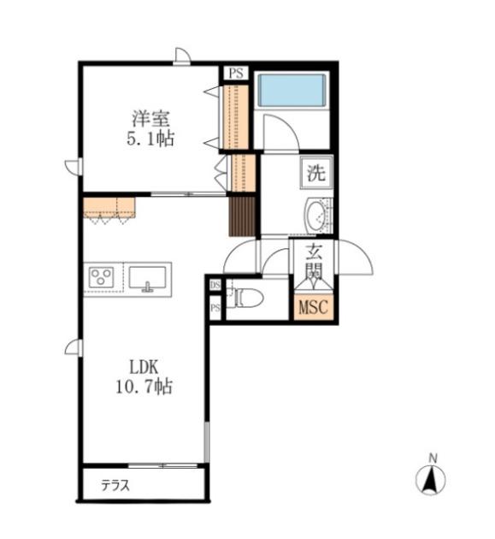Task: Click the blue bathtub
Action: [x=292, y=90]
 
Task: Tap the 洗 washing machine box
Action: [x=316, y=173]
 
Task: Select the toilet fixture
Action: [x=248, y=298]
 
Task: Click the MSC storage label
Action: [x=314, y=307]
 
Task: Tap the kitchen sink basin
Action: [x=147, y=277]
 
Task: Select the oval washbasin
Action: [x=317, y=216]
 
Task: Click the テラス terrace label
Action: [x=115, y=485]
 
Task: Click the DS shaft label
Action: [x=215, y=285]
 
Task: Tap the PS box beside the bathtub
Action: [x=236, y=73]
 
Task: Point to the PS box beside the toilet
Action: [x=215, y=308]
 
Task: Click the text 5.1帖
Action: [x=150, y=139]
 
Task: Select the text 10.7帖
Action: [x=144, y=387]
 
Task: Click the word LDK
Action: [x=144, y=368]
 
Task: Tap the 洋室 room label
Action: [x=150, y=119]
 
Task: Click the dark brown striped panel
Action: [x=242, y=216]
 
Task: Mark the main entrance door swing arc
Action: [x=362, y=250]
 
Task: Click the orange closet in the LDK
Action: [x=109, y=208]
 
